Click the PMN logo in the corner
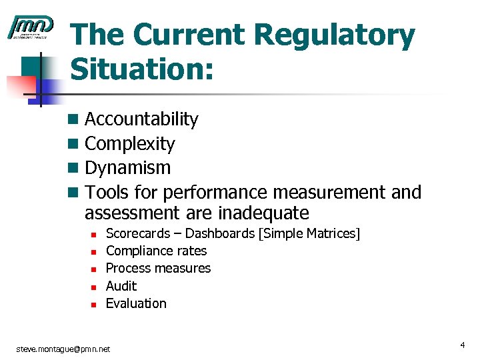(x=30, y=27)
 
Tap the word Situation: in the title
(x=142, y=69)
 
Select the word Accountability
(x=141, y=119)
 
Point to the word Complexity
(x=130, y=144)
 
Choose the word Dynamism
(x=128, y=168)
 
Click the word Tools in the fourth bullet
(x=107, y=193)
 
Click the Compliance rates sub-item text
(x=156, y=251)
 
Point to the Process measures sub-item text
(x=158, y=268)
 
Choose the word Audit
(x=121, y=286)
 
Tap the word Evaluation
(x=136, y=303)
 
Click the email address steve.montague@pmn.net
(x=63, y=349)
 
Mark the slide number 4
(x=461, y=345)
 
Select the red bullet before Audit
(x=95, y=287)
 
